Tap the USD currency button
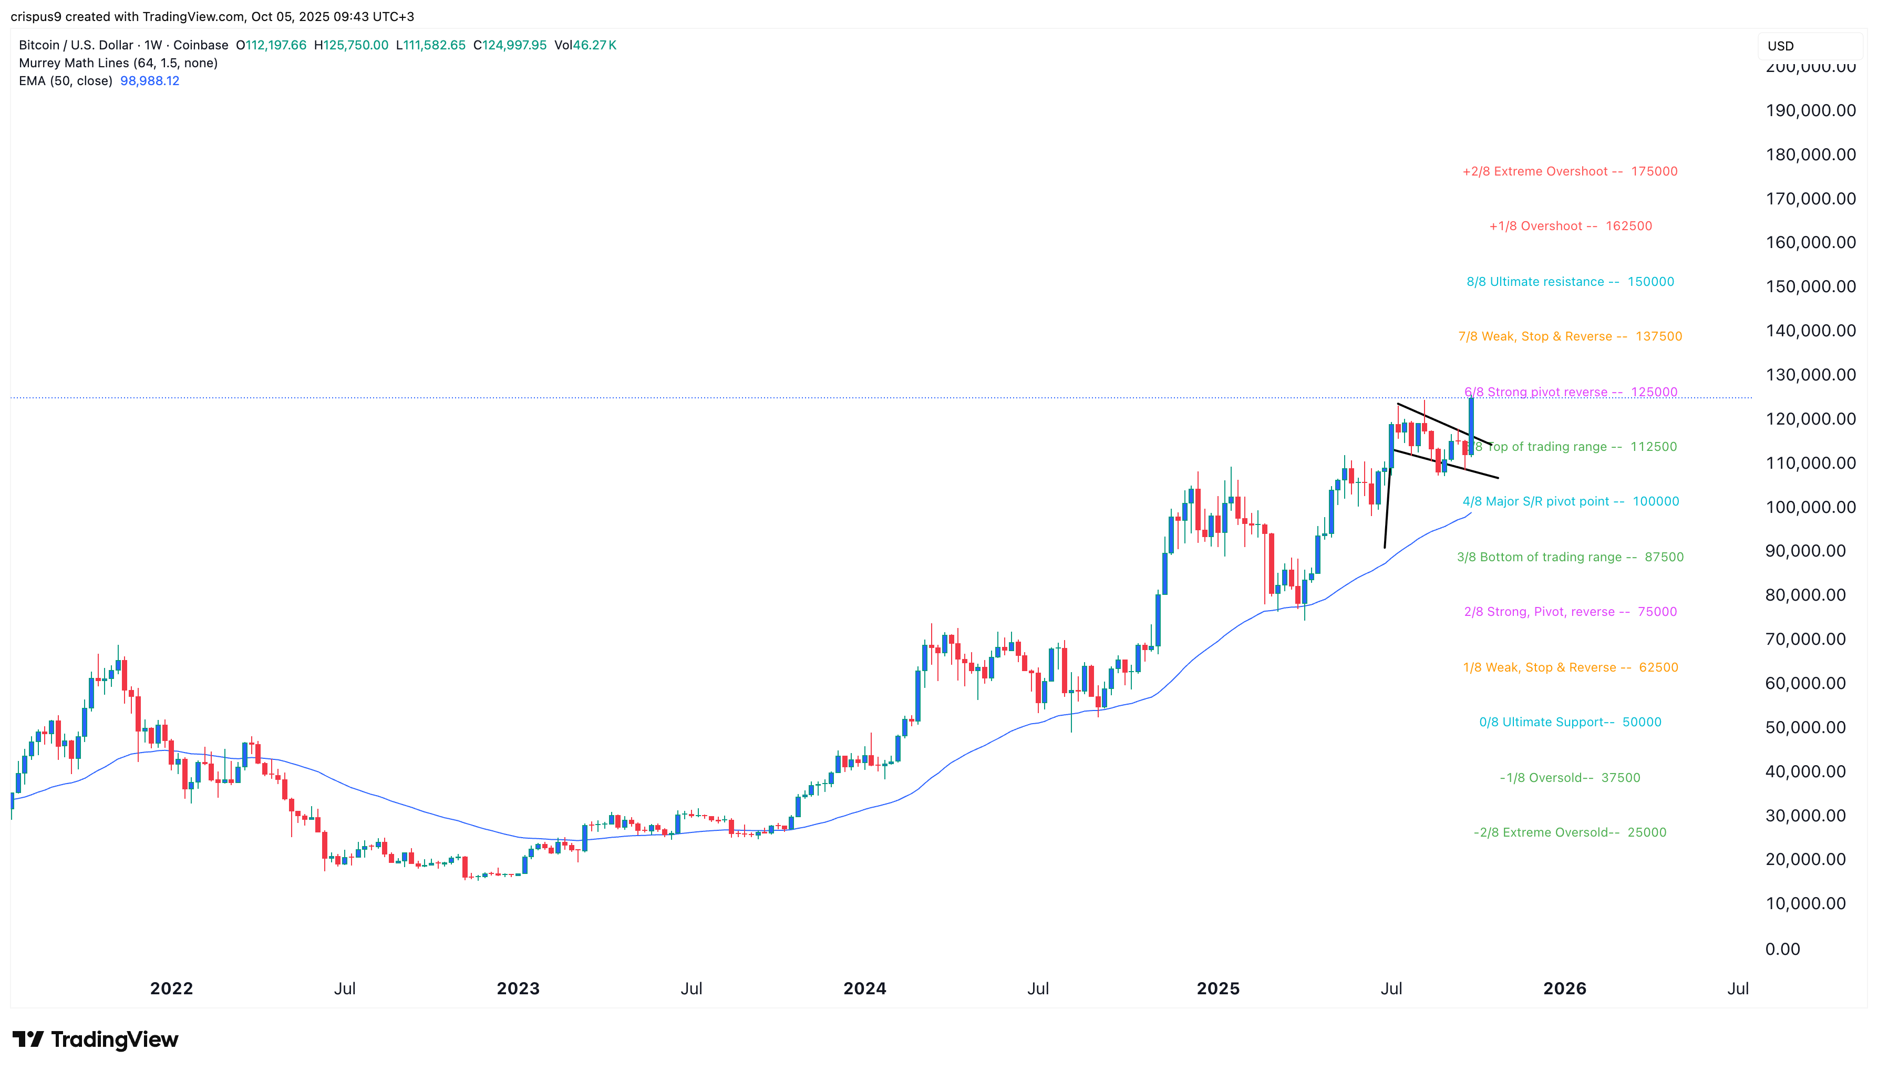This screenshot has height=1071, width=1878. coord(1780,46)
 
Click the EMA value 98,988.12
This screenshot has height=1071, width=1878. coord(149,81)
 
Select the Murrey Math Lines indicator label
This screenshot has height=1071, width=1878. coord(118,63)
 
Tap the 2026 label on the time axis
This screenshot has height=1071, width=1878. coord(1564,988)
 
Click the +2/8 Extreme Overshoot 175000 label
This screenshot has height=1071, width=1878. coord(1569,171)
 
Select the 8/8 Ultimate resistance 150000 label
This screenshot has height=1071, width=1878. coord(1569,282)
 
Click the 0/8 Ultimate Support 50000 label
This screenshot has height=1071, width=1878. coord(1569,723)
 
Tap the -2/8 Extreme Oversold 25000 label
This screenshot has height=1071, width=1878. coord(1569,832)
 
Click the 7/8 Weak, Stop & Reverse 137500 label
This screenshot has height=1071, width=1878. coord(1569,336)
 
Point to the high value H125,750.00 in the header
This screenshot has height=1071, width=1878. coord(351,45)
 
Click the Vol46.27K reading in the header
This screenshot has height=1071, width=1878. coord(585,45)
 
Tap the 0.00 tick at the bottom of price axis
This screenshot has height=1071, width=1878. coord(1782,949)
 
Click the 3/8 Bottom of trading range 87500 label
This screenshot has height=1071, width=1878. coord(1569,557)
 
